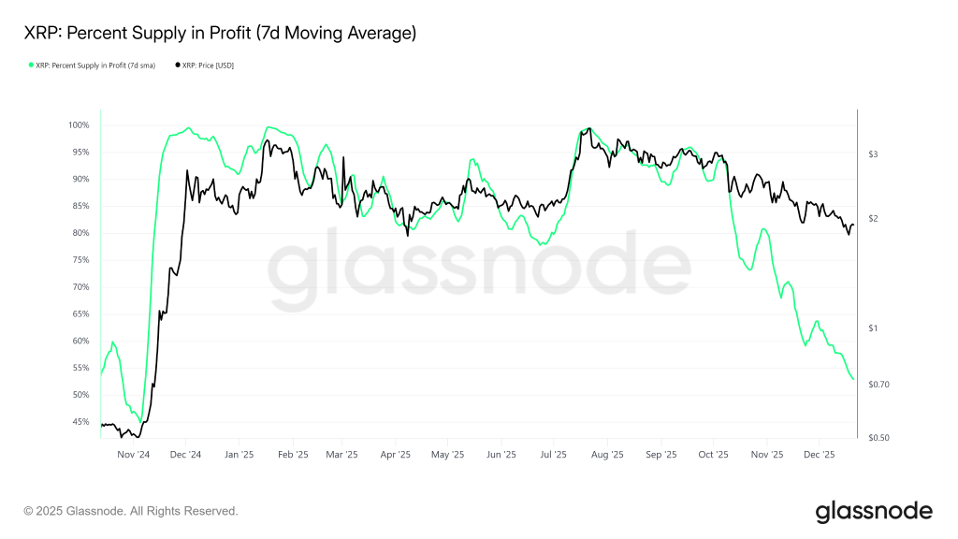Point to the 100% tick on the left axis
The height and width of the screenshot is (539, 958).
point(78,125)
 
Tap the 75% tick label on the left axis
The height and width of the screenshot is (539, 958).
point(80,260)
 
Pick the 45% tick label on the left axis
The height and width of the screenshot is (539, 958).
point(80,422)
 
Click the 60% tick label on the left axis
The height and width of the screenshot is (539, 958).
point(80,341)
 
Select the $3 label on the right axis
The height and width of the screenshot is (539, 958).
point(873,153)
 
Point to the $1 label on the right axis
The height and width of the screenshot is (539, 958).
point(873,328)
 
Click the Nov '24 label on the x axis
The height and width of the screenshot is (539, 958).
point(133,455)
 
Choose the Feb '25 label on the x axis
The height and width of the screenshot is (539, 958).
point(292,455)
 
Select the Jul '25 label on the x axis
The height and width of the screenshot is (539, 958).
point(554,455)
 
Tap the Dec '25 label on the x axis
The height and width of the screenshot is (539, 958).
point(820,455)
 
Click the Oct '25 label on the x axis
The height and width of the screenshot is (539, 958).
point(713,455)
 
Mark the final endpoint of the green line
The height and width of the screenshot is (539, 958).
point(853,379)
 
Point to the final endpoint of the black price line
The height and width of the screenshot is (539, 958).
point(853,225)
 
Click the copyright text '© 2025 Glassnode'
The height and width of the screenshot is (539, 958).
point(131,511)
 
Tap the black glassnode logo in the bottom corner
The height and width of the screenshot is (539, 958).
point(874,511)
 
